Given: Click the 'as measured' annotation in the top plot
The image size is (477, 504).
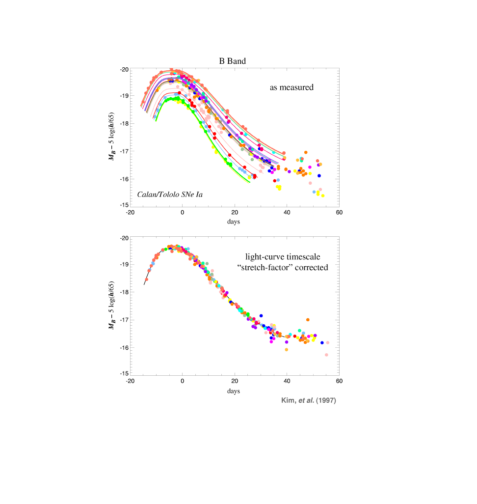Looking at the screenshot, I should click(x=291, y=87).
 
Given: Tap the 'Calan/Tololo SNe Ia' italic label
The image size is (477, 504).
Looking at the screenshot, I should click(x=170, y=195).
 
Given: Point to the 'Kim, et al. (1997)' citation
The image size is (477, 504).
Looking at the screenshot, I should click(x=308, y=400).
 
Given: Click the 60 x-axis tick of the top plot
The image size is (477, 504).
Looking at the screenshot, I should click(x=339, y=213).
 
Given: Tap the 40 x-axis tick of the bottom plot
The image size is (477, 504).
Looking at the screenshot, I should click(x=287, y=381).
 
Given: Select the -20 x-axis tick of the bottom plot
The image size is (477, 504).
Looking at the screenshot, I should click(x=130, y=381).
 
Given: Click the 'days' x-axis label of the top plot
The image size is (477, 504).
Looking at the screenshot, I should click(x=234, y=222).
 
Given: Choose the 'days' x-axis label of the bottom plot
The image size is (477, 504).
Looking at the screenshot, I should click(x=234, y=391).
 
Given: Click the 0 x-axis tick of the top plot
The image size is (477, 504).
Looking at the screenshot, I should click(x=182, y=213).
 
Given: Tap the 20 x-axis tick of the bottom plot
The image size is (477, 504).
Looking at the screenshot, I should click(x=235, y=381).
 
